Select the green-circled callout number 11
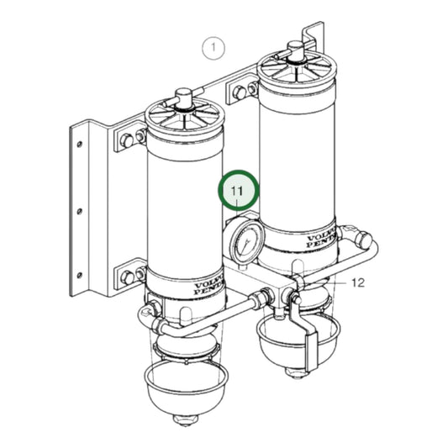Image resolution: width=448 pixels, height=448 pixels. [239, 192]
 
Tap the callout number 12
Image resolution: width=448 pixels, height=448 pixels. [356, 284]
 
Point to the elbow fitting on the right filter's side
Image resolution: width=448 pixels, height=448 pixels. [352, 235]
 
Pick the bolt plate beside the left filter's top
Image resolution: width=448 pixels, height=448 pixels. [129, 139]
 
